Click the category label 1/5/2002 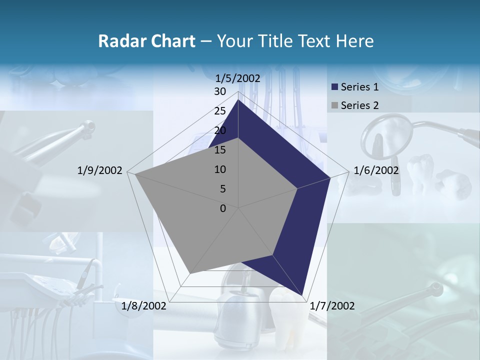pyautogui.click(x=238, y=78)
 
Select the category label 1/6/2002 pyautogui.click(x=376, y=170)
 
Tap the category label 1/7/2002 pyautogui.click(x=332, y=306)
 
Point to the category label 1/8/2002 pyautogui.click(x=144, y=306)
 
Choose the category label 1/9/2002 pyautogui.click(x=100, y=170)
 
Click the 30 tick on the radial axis pyautogui.click(x=220, y=91)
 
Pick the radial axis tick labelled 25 pyautogui.click(x=220, y=111)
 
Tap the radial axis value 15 pyautogui.click(x=220, y=150)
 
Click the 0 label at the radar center pyautogui.click(x=223, y=208)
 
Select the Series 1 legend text pyautogui.click(x=359, y=87)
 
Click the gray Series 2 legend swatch pyautogui.click(x=334, y=105)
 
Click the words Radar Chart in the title pyautogui.click(x=146, y=41)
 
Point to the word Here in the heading pyautogui.click(x=354, y=41)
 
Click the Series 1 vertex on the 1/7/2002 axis pyautogui.click(x=302, y=295)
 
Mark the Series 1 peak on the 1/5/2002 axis pyautogui.click(x=238, y=100)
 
